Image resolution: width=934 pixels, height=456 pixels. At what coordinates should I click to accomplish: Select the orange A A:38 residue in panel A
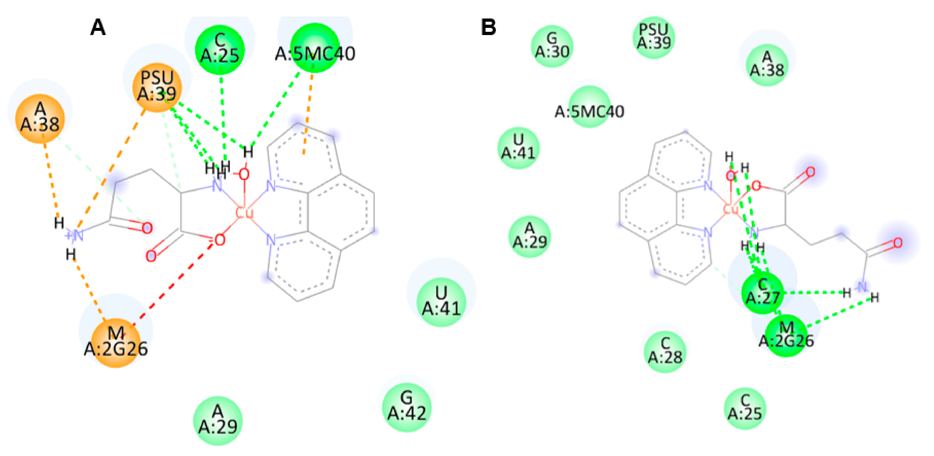point(40,118)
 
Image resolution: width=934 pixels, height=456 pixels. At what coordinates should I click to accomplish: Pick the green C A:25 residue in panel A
point(220,49)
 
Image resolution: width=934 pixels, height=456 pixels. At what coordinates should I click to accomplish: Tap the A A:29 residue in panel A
point(217,420)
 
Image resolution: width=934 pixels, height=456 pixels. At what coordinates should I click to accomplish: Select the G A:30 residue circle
point(552,46)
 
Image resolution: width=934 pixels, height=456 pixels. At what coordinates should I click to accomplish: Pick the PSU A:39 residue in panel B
point(654,37)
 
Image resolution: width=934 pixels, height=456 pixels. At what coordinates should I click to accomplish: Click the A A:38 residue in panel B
point(767,64)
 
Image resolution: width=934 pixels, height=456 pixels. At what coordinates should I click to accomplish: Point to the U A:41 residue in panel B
point(519,148)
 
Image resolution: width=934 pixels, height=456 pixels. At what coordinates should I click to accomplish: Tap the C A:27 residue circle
point(762,292)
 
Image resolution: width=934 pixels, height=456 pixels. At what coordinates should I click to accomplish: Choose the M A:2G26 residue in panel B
point(786,336)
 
